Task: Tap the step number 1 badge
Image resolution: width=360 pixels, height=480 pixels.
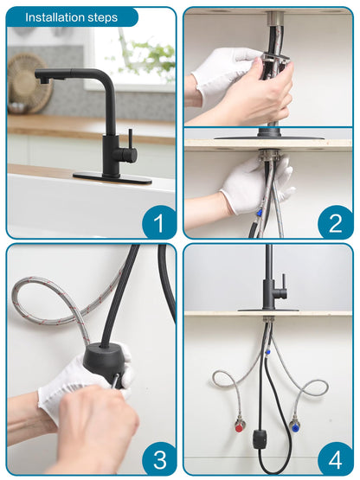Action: click(x=158, y=222)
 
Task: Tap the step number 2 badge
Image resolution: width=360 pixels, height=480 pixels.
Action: click(x=335, y=222)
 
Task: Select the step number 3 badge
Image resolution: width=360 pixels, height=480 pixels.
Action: click(x=159, y=459)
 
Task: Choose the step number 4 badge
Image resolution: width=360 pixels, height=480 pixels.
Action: click(x=336, y=459)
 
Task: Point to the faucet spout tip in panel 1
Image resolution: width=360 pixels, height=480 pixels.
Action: click(x=42, y=80)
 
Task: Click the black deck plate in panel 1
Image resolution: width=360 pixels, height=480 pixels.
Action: click(x=112, y=178)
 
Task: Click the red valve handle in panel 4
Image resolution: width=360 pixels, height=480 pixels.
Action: click(x=239, y=427)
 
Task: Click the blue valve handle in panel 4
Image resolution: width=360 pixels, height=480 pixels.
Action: click(x=295, y=427)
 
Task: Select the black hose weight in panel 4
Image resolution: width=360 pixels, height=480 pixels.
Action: click(x=260, y=439)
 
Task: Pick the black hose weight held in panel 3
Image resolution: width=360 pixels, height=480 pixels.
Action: click(x=104, y=362)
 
